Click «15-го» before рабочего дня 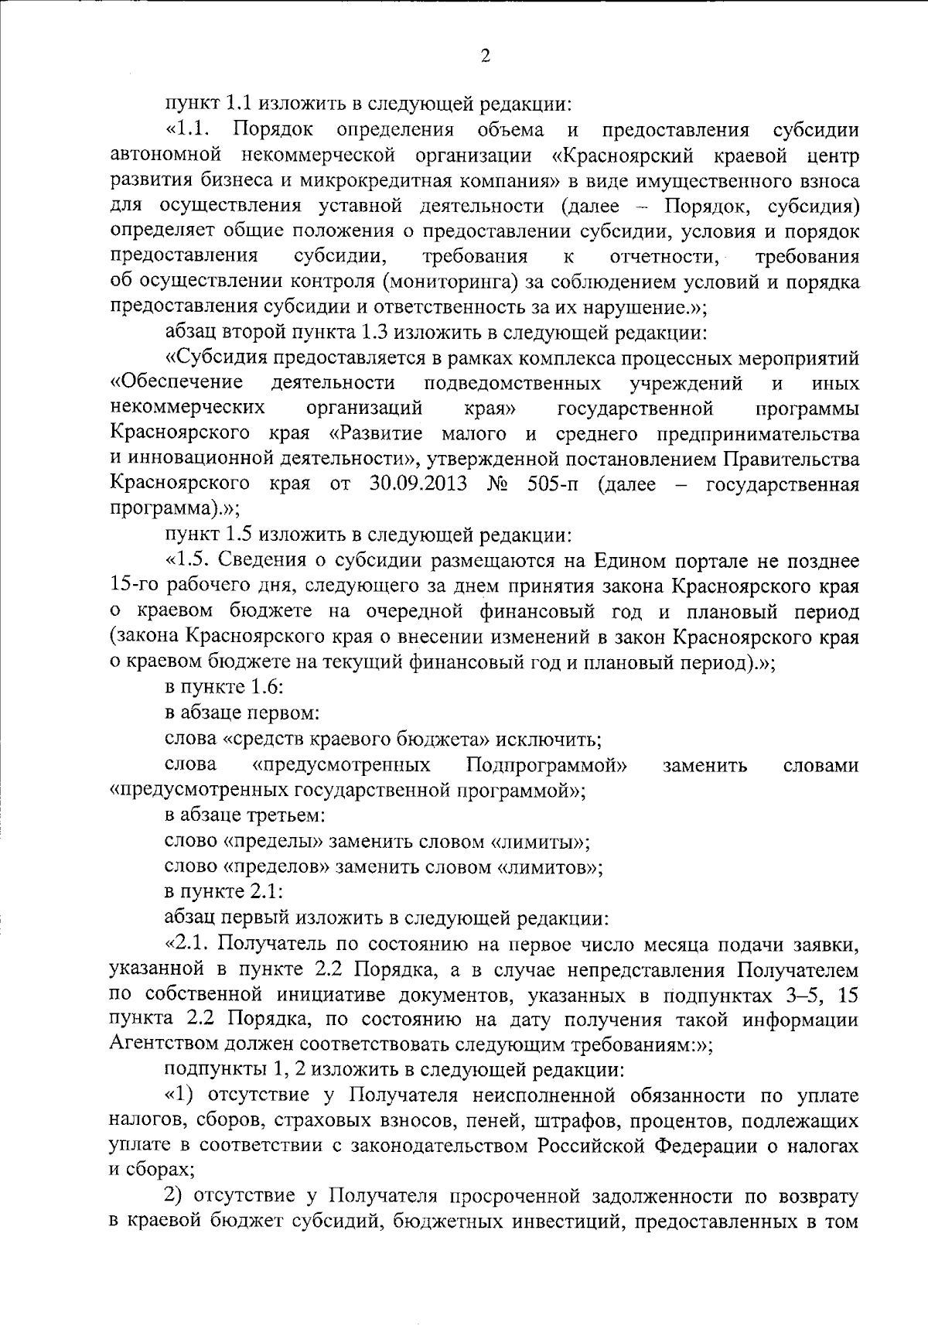click(x=132, y=586)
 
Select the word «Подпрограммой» click(x=547, y=765)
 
